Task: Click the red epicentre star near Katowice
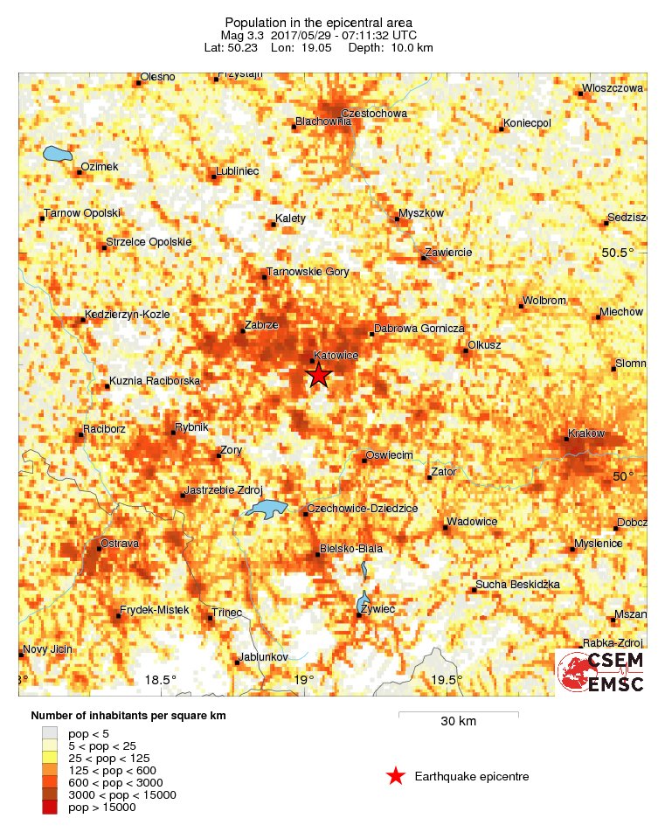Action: (x=319, y=376)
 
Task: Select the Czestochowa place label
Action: (x=374, y=114)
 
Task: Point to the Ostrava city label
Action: (x=120, y=544)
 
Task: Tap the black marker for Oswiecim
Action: (x=364, y=460)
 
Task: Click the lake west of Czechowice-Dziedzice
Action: (x=266, y=509)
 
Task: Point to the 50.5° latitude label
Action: (x=621, y=253)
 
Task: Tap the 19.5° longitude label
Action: (x=447, y=680)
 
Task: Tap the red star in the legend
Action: (x=396, y=776)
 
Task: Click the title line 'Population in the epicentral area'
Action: (x=318, y=22)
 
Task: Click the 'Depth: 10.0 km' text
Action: (x=398, y=47)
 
